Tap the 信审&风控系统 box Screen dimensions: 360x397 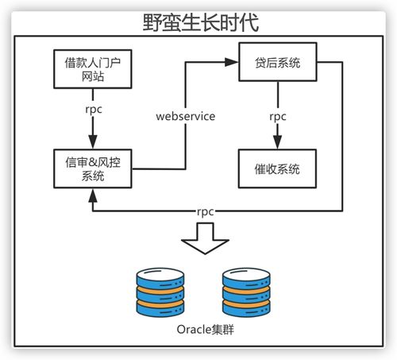pyautogui.click(x=93, y=169)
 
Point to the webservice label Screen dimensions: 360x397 pyautogui.click(x=186, y=118)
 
